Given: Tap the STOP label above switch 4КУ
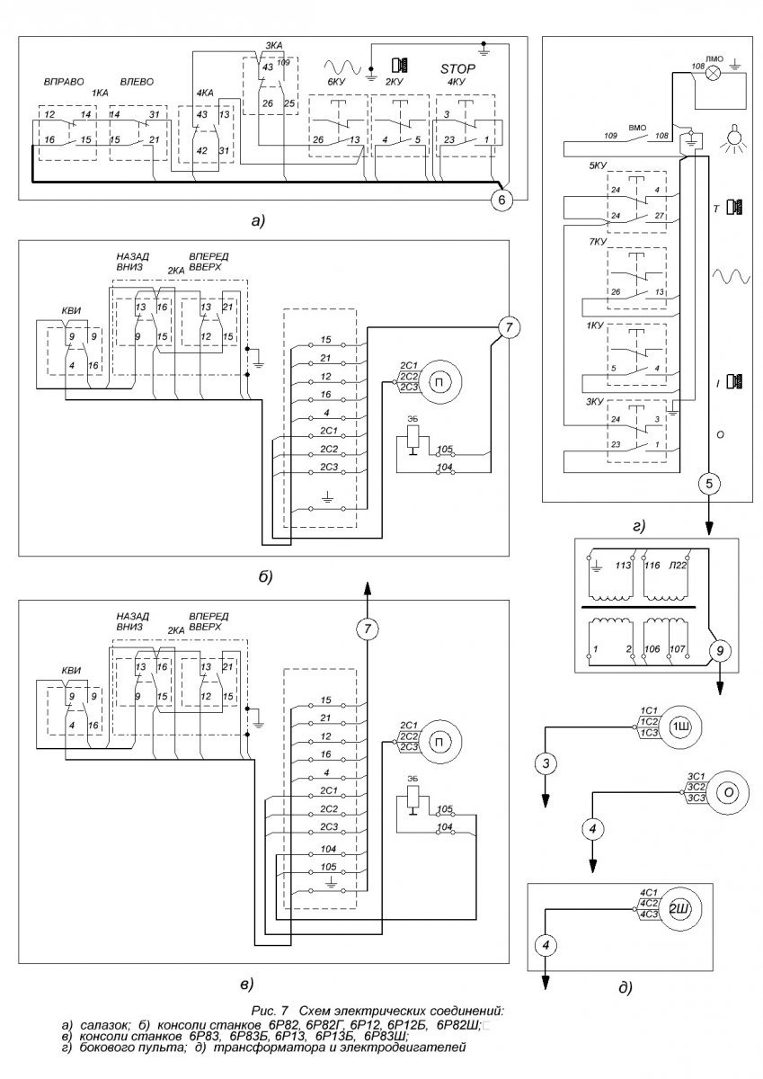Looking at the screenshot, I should click(457, 68).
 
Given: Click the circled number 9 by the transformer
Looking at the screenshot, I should click(717, 649).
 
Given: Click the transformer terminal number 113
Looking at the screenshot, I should click(620, 567).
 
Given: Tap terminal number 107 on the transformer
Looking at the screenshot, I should click(679, 648).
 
